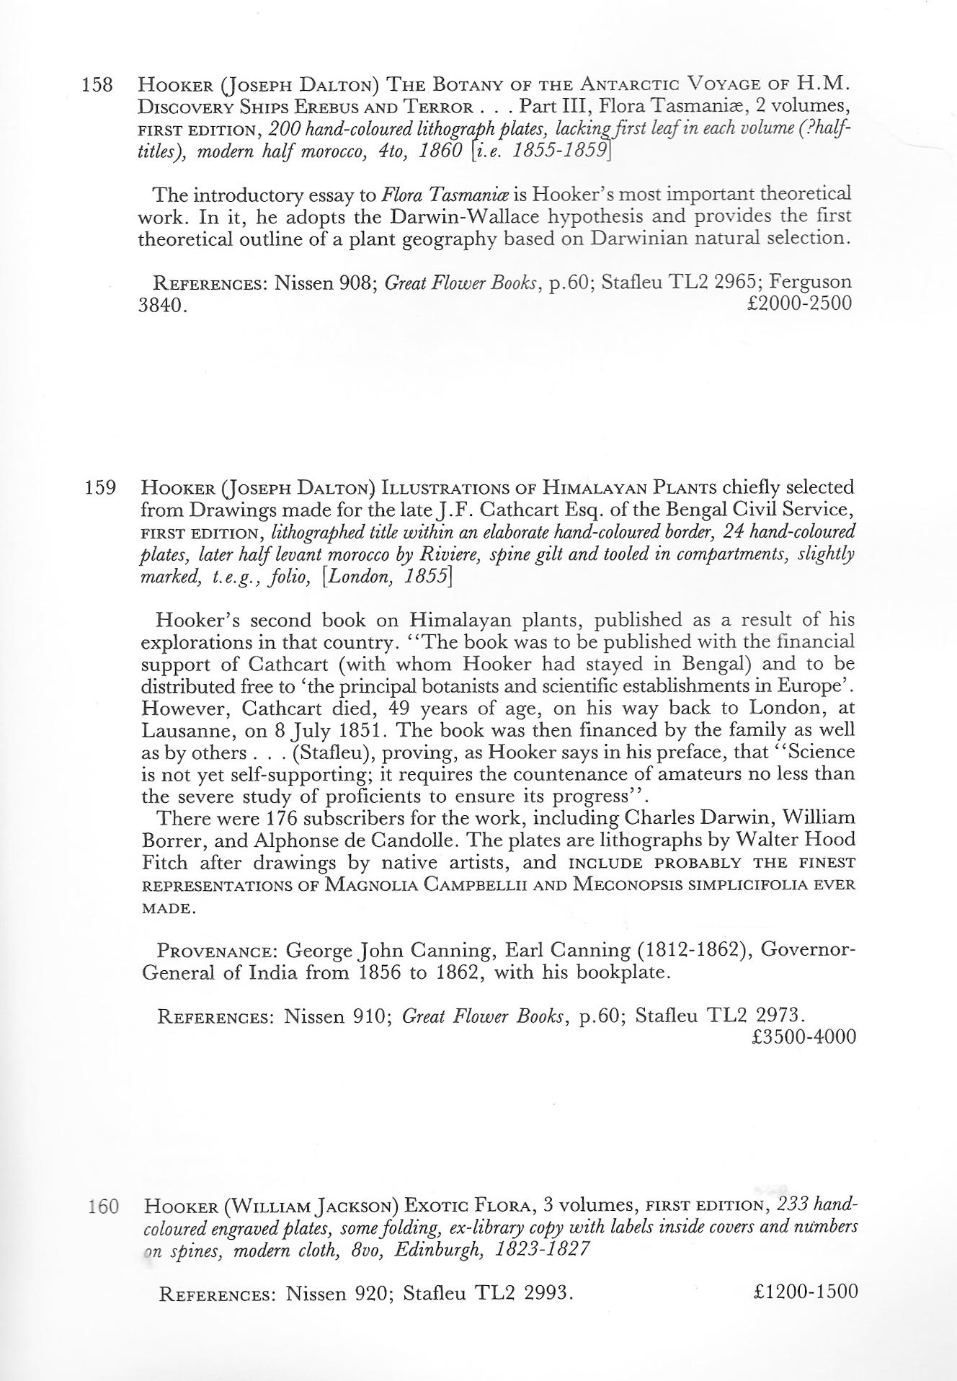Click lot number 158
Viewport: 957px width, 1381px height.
(99, 85)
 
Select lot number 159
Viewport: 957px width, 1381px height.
(99, 488)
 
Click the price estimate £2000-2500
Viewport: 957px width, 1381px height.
(800, 303)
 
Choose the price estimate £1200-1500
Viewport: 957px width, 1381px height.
(804, 1292)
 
